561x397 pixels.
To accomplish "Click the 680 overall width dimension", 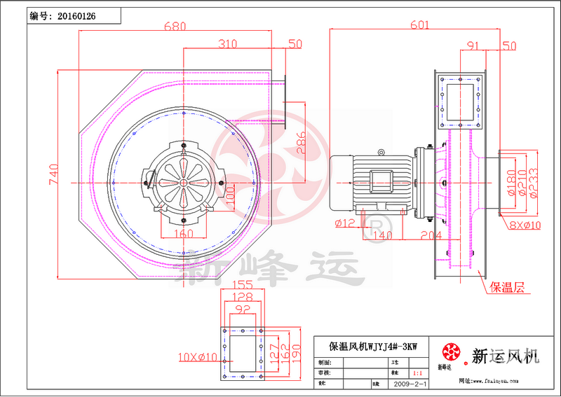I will tap(175, 27).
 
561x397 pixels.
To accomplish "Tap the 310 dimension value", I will tap(227, 44).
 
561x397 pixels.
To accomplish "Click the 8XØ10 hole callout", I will tap(525, 225).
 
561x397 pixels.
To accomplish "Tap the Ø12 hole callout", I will tap(345, 223).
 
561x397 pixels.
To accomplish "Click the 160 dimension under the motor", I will tap(183, 234).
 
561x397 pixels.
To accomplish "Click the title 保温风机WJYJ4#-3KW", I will tap(373, 346).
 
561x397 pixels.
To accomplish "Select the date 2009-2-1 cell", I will tap(410, 384).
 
